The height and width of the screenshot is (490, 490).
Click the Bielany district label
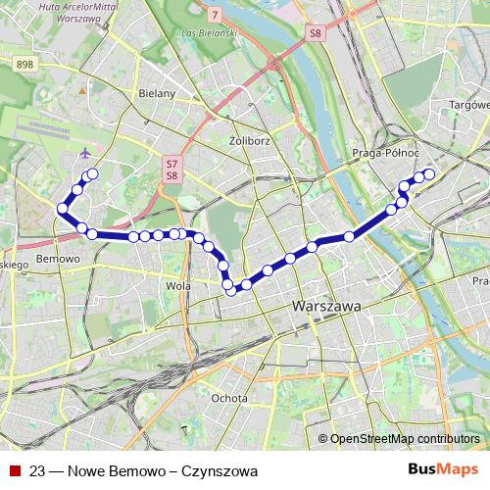tap(158, 93)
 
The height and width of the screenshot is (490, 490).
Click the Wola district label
tap(179, 286)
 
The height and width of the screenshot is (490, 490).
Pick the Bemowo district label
tap(56, 260)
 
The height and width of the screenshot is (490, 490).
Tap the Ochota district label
tap(229, 398)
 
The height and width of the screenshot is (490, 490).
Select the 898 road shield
tap(26, 64)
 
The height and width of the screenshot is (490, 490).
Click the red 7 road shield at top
tap(215, 14)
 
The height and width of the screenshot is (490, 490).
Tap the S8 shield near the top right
tap(315, 33)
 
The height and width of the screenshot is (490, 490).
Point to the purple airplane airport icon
tap(85, 154)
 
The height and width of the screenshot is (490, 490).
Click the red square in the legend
tap(14, 471)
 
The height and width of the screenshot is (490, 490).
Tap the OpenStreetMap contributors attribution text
tap(405, 438)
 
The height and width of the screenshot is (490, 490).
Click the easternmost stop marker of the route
tap(428, 174)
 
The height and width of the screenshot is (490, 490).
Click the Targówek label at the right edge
tap(468, 104)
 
